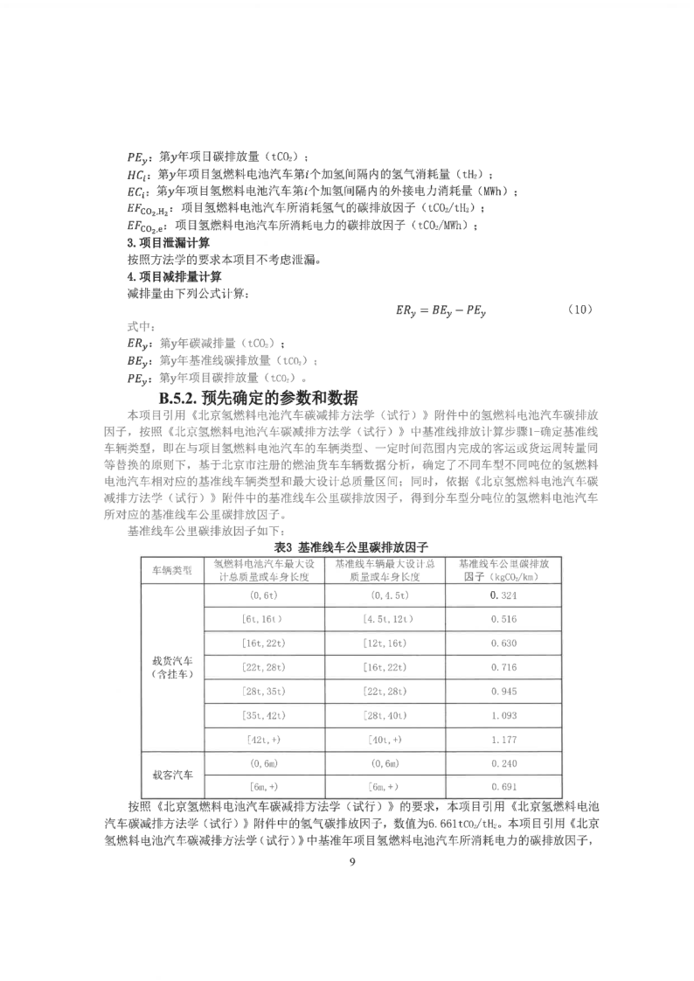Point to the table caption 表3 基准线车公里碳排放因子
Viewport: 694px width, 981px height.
click(x=347, y=546)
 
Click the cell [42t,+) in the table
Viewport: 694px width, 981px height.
click(x=260, y=741)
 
